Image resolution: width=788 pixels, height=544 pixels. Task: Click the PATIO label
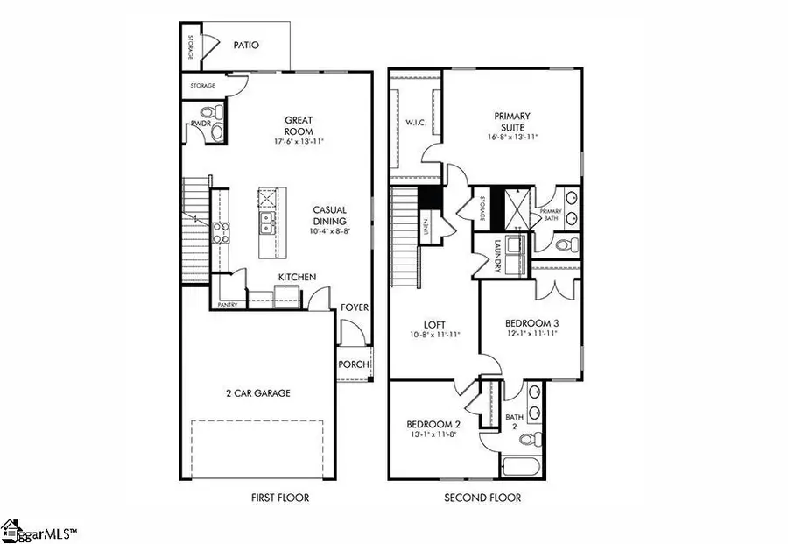tap(245, 45)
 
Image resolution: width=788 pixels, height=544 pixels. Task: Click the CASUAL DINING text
tap(331, 215)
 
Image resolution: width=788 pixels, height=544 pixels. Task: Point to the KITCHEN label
tap(297, 278)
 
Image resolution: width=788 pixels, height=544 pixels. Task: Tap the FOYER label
tap(355, 307)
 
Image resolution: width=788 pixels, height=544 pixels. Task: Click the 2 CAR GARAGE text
tap(258, 393)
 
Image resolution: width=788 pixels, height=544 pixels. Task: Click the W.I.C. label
tap(416, 122)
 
